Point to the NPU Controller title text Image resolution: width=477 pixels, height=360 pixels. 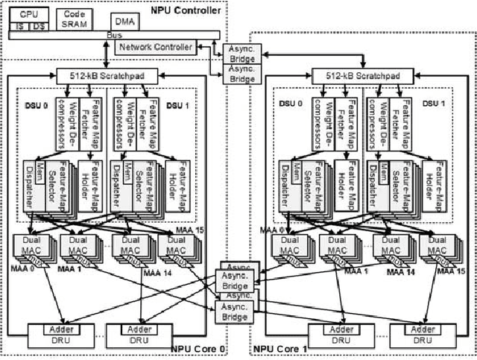(185, 9)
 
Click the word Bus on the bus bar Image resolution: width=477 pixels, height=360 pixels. (113, 34)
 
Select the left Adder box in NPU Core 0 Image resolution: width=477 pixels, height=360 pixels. (51, 329)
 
